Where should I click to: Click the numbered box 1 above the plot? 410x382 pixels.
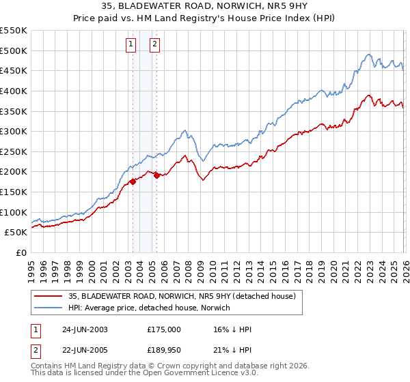[x=131, y=45]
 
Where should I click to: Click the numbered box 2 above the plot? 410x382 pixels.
[x=154, y=45]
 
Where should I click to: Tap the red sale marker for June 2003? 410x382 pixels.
[x=133, y=181]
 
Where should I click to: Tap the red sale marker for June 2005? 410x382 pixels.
[x=156, y=175]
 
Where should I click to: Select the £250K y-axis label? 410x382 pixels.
[x=13, y=151]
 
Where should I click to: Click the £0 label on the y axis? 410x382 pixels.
[x=20, y=252]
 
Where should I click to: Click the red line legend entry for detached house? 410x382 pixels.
[x=181, y=296]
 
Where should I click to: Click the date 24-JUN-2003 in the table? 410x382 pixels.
[x=85, y=329]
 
